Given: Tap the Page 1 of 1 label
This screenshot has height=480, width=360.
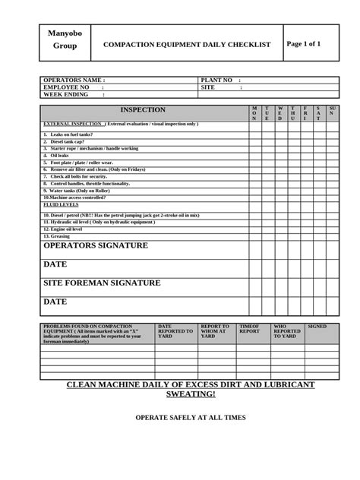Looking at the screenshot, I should tap(304, 44).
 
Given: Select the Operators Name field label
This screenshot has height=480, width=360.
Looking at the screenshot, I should tap(74, 80).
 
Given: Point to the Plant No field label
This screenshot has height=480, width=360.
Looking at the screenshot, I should tap(218, 80).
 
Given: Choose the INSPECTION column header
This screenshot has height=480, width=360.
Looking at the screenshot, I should tap(143, 110).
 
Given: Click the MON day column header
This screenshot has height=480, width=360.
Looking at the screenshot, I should tap(255, 113).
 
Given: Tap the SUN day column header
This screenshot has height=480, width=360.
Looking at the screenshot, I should tap(332, 113).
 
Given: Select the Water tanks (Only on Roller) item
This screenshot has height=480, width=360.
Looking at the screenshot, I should tap(76, 191).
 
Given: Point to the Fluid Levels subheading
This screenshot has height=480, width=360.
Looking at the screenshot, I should tap(61, 204).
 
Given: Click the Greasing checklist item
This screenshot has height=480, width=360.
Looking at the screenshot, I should tap(56, 236).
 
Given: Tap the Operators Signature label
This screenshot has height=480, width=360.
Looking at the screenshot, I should tap(96, 246).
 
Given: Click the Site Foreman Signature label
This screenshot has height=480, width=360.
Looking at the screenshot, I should tap(102, 283).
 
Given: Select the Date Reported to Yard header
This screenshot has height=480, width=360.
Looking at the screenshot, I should tap(175, 331).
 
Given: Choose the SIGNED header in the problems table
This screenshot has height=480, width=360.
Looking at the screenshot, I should tap(317, 327).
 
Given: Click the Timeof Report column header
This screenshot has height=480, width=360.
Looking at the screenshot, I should tap(250, 329).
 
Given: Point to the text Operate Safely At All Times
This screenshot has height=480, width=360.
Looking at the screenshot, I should tap(191, 418).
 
